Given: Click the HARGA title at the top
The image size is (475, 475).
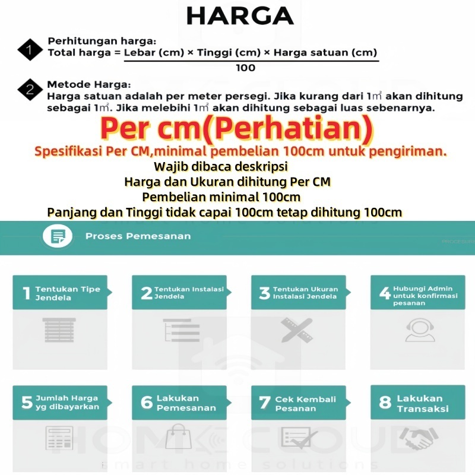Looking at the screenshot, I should click(x=239, y=16).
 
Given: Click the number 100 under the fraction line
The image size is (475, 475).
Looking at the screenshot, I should click(x=245, y=68).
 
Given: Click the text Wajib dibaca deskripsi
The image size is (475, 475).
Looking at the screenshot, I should click(x=220, y=166).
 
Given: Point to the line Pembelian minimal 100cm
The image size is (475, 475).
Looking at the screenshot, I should click(x=221, y=197).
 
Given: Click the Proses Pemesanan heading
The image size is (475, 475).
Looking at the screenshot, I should click(x=138, y=236).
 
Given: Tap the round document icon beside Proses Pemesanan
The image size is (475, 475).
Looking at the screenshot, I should click(x=58, y=236).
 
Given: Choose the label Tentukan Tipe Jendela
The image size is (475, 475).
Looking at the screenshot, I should click(x=68, y=293).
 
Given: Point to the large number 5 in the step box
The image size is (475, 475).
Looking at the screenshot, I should click(x=27, y=403).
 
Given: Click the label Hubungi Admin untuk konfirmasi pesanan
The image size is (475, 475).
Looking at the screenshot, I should click(x=425, y=295).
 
